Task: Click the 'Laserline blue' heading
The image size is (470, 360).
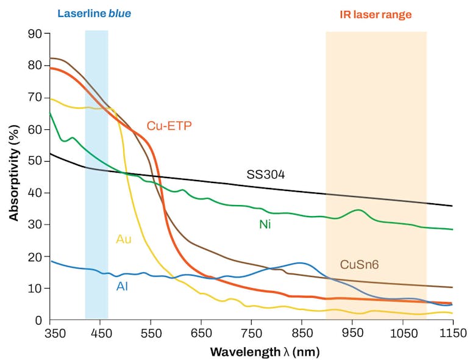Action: pyautogui.click(x=94, y=13)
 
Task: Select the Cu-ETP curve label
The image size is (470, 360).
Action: pyautogui.click(x=169, y=126)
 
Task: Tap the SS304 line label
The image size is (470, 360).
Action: pyautogui.click(x=266, y=175)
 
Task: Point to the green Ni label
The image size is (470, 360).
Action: pyautogui.click(x=265, y=225)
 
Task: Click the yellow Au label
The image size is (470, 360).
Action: pyautogui.click(x=124, y=239)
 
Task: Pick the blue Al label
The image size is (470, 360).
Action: pyautogui.click(x=122, y=286)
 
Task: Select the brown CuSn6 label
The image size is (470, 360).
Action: pyautogui.click(x=358, y=264)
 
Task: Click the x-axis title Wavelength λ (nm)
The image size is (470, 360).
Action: pyautogui.click(x=265, y=352)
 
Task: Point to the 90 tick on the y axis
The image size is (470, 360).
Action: pyautogui.click(x=35, y=34)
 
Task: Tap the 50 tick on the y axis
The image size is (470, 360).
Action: pyautogui.click(x=35, y=161)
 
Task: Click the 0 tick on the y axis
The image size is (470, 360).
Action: pyautogui.click(x=38, y=320)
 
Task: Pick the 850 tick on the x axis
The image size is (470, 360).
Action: pyautogui.click(x=301, y=333)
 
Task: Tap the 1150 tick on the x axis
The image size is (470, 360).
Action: pyautogui.click(x=452, y=333)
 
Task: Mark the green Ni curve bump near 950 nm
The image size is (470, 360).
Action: pyautogui.click(x=360, y=211)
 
